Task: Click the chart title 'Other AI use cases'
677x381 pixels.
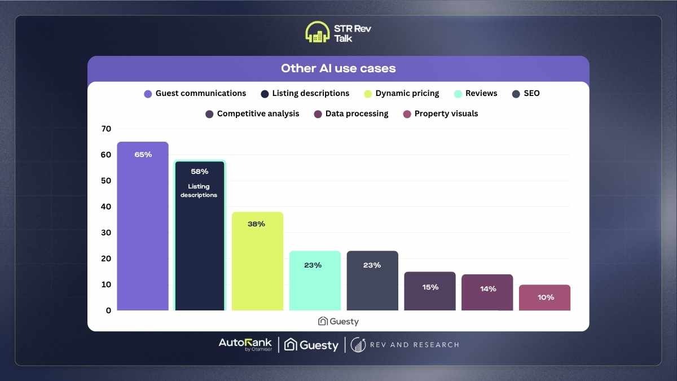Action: (x=338, y=68)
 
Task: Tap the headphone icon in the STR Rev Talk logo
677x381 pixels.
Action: (x=317, y=32)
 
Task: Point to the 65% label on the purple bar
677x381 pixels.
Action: (x=143, y=155)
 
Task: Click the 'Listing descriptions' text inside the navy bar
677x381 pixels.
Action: (x=200, y=191)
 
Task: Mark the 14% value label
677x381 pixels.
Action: (x=487, y=289)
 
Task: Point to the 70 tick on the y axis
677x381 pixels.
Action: (x=106, y=129)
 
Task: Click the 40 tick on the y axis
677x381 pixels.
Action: (x=106, y=207)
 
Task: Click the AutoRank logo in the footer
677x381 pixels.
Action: (x=245, y=344)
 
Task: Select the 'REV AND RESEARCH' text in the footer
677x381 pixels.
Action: (x=414, y=345)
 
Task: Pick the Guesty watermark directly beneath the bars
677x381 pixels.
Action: (x=338, y=321)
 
